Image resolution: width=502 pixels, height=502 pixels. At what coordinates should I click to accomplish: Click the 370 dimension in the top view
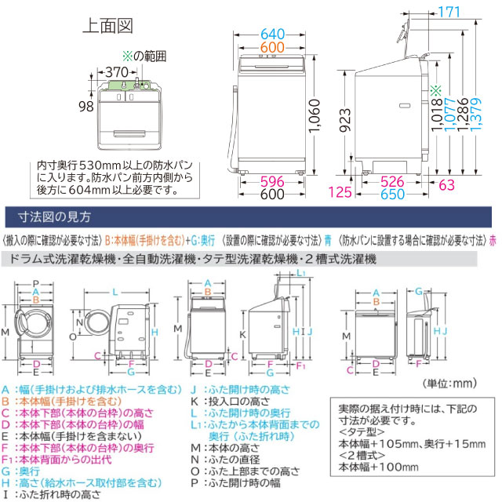(115, 71)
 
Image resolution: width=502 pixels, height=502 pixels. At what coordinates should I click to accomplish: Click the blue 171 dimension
(471, 13)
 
